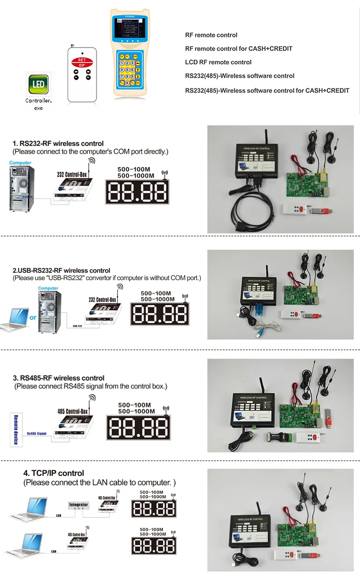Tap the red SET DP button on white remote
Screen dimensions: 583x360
[82, 62]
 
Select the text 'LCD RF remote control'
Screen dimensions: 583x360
[218, 62]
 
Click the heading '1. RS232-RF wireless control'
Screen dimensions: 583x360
[58, 144]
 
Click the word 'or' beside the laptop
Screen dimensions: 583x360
[33, 317]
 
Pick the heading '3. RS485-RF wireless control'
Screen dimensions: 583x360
[59, 378]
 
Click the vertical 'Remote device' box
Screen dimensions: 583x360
[15, 429]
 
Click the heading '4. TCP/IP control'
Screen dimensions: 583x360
[54, 473]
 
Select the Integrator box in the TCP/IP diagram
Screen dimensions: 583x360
[79, 505]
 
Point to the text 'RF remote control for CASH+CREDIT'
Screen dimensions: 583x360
[239, 49]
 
